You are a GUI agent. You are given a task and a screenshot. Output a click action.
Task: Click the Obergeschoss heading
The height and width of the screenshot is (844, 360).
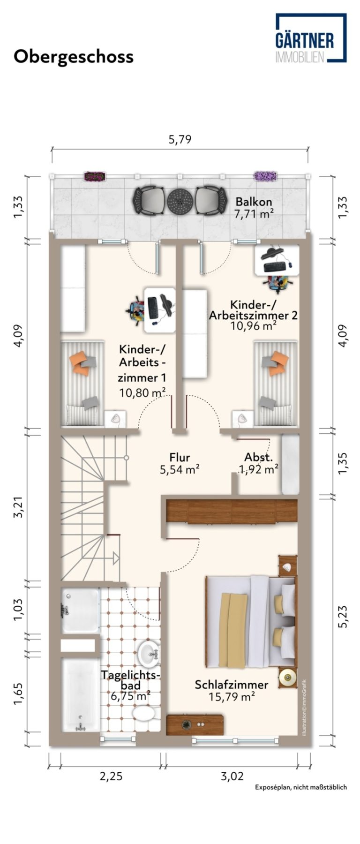click(74, 57)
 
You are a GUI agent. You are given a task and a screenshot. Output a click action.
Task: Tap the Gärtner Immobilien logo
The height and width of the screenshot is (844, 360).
click(311, 38)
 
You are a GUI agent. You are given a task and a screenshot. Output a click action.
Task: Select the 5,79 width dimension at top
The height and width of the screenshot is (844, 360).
click(180, 139)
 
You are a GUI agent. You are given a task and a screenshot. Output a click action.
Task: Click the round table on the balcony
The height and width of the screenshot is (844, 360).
click(180, 201)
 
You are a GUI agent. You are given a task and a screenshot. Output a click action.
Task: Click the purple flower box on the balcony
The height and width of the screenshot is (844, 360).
click(265, 176)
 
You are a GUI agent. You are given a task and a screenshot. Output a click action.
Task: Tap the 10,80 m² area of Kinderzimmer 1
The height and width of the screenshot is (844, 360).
click(142, 392)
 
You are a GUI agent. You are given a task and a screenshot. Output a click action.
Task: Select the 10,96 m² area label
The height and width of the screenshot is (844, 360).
click(253, 325)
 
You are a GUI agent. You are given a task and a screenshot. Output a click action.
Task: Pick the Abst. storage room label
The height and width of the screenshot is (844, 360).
click(258, 457)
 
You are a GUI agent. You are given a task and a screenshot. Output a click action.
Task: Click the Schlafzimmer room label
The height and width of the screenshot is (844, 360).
click(232, 685)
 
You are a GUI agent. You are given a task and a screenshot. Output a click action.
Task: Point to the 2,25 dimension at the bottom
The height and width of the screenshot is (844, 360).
click(111, 776)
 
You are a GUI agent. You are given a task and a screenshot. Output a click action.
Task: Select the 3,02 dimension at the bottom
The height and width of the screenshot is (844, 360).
click(232, 776)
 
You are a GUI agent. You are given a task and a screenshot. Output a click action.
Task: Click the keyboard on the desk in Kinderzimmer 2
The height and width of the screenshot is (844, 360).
click(274, 267)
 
